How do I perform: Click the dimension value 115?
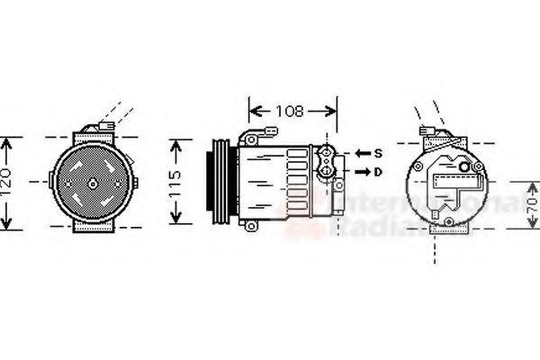(177, 183)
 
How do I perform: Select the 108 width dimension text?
(289, 112)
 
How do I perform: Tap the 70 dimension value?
(532, 205)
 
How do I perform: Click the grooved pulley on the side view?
(218, 181)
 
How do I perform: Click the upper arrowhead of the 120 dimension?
(8, 142)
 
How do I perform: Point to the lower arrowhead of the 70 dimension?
(532, 229)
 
